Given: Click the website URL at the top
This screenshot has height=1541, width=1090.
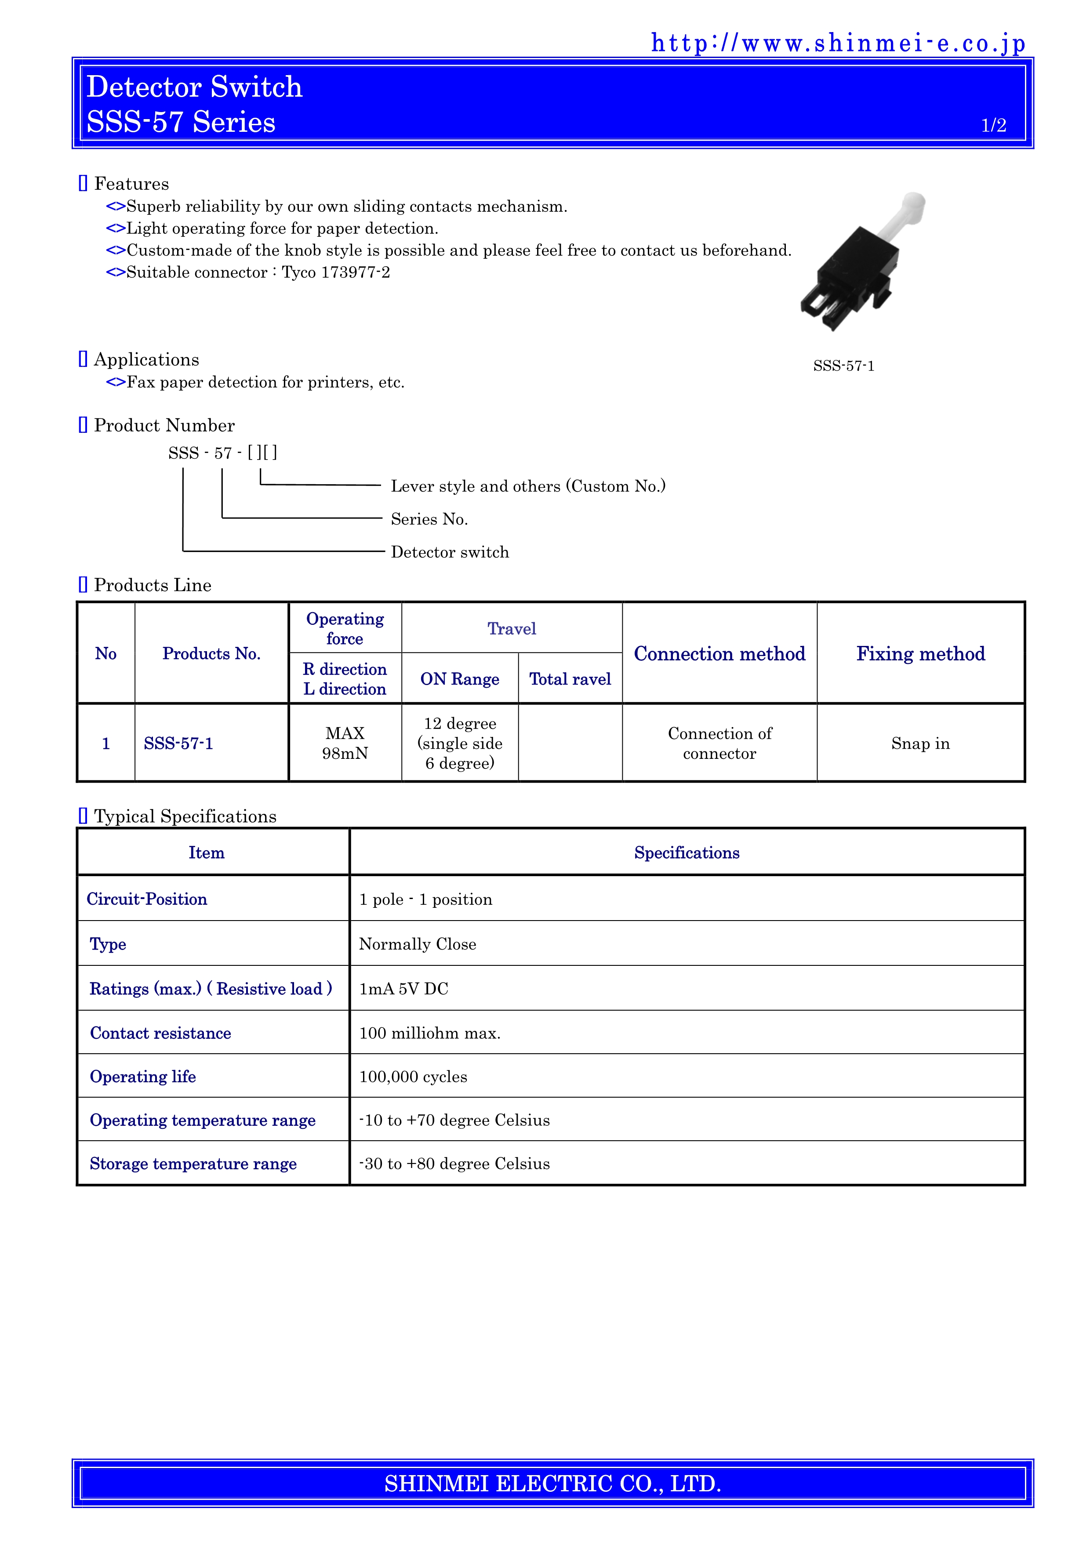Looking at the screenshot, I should click(x=838, y=44).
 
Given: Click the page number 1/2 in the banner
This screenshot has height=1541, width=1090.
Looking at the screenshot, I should click(x=993, y=126).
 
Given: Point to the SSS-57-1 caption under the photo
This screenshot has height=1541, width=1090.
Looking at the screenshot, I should click(x=844, y=366).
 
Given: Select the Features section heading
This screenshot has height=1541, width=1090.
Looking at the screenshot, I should click(x=131, y=184).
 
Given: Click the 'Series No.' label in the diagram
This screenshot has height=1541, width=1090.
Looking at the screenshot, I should click(x=429, y=519).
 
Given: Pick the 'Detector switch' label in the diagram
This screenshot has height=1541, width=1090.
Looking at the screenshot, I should click(x=450, y=552).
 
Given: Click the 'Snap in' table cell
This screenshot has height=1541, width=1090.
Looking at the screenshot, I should click(x=920, y=743).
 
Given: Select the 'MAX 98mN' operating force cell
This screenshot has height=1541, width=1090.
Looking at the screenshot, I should click(x=345, y=743).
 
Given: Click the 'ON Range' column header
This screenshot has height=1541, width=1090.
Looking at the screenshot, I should click(x=460, y=679).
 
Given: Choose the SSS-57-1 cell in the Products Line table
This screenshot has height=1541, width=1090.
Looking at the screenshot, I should click(x=178, y=743).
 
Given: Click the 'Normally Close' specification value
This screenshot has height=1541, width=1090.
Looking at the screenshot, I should click(x=418, y=944).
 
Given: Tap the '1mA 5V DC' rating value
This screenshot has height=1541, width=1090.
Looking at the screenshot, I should click(x=403, y=989).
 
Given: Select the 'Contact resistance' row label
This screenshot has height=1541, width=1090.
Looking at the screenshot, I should click(x=160, y=1033).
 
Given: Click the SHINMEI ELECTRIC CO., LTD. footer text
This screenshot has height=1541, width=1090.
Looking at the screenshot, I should click(x=552, y=1483).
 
